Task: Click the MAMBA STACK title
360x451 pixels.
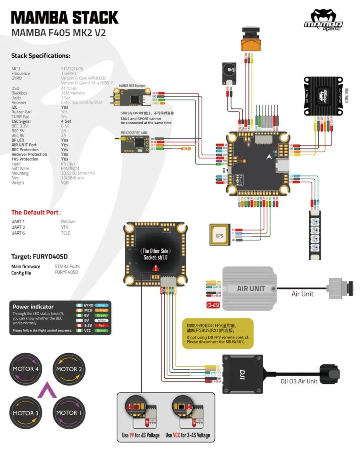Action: pyautogui.click(x=65, y=18)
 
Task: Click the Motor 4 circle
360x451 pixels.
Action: pyautogui.click(x=26, y=369)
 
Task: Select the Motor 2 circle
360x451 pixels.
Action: pyautogui.click(x=69, y=369)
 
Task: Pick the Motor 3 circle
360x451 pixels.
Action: pyautogui.click(x=26, y=413)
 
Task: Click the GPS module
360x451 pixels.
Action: pyautogui.click(x=220, y=234)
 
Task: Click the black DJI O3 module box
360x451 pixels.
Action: pyautogui.click(x=242, y=374)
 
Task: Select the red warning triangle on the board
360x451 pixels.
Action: pyautogui.click(x=155, y=268)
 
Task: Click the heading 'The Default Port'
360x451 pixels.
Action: pyautogui.click(x=35, y=212)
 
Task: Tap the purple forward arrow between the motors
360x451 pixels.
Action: pyautogui.click(x=47, y=390)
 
